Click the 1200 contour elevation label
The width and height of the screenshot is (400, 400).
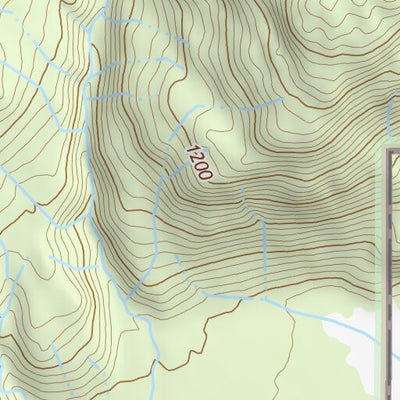point(198,159)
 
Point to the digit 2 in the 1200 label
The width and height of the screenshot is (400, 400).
point(195,154)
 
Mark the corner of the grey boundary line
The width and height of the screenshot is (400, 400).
point(389,151)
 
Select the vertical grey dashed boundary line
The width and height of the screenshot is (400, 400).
point(389,270)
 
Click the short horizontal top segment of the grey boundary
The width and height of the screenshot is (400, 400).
point(395,151)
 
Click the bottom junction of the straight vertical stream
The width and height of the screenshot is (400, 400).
point(265,291)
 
